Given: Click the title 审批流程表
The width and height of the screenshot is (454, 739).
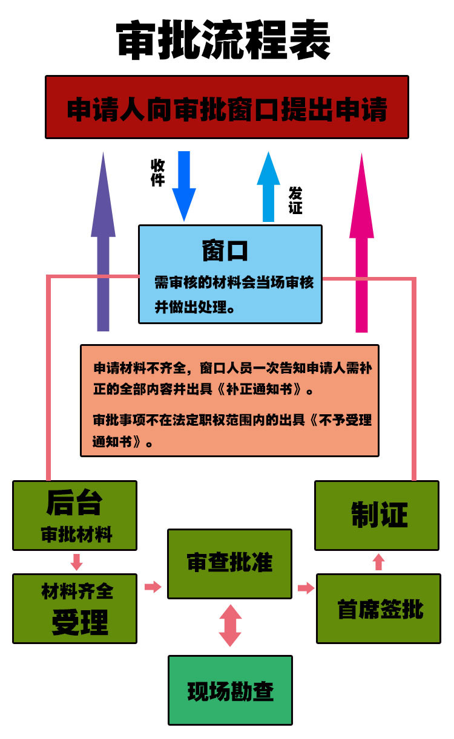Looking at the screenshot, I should (x=223, y=42).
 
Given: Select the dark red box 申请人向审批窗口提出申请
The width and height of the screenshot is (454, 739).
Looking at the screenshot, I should (x=226, y=107).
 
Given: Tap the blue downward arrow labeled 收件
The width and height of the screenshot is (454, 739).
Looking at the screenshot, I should (x=184, y=185).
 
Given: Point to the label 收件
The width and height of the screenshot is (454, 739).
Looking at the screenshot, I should (x=157, y=172).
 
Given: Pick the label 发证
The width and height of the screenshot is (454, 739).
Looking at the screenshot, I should (x=295, y=200).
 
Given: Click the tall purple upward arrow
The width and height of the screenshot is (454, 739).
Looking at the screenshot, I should (x=103, y=242).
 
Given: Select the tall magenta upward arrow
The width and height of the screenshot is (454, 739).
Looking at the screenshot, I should (x=361, y=242).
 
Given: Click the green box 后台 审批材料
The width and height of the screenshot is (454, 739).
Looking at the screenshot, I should (x=75, y=515).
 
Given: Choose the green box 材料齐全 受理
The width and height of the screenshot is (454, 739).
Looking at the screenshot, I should (x=75, y=608).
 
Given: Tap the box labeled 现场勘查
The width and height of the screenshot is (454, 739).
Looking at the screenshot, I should (x=230, y=691).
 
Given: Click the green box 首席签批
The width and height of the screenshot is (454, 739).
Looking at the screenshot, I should (x=379, y=609).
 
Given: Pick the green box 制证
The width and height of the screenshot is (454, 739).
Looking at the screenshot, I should (x=376, y=515).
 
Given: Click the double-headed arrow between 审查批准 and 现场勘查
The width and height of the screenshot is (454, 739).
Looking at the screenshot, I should (x=230, y=625).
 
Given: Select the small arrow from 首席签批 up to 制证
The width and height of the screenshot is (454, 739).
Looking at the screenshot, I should (x=378, y=562).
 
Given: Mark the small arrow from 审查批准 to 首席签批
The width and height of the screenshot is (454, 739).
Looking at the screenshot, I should (x=306, y=588).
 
